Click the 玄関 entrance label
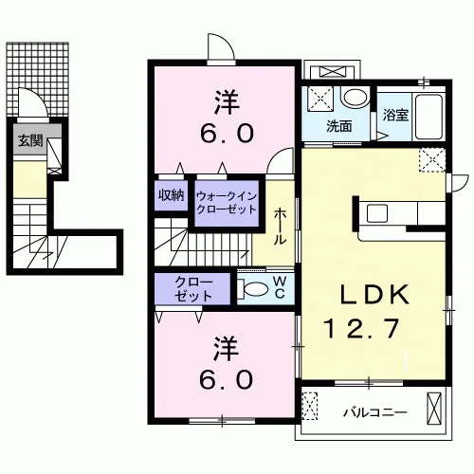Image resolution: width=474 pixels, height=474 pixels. click(x=30, y=140)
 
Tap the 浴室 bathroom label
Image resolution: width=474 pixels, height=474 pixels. click(x=395, y=115)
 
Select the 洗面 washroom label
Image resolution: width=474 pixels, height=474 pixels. click(x=339, y=126)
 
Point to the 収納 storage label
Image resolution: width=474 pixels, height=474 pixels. click(x=171, y=195)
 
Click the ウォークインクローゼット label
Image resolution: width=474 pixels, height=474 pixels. click(x=227, y=203)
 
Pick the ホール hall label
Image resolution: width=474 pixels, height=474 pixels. click(x=280, y=227)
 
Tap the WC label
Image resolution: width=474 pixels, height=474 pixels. click(x=280, y=287)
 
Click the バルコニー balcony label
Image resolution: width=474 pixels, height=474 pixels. click(x=375, y=412)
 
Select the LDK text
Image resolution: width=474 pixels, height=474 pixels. click(x=374, y=295)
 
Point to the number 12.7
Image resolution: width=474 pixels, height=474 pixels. click(x=361, y=329)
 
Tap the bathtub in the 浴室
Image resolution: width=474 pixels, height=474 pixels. click(x=428, y=117)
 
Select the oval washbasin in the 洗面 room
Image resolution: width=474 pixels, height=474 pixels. click(x=356, y=97)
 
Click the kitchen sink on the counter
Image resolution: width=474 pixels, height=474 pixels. click(x=377, y=213)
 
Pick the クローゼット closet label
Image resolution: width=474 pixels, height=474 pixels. click(x=193, y=289)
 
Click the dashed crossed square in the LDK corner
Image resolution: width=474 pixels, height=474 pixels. click(x=432, y=160)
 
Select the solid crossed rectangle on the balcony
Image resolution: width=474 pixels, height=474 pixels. click(x=434, y=409)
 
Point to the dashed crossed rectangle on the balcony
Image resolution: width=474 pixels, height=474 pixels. click(x=310, y=406)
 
